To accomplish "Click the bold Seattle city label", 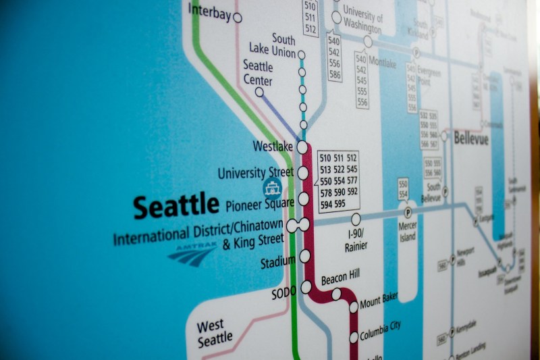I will [x=175, y=205].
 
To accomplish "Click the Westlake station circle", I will [x=302, y=147].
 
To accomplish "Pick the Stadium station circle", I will [x=305, y=256].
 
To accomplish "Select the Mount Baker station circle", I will [x=354, y=307].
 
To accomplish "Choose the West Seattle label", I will [x=215, y=334].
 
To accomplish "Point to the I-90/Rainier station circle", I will [x=356, y=220].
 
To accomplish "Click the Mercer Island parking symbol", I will [x=408, y=213].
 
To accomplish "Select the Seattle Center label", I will [x=258, y=74].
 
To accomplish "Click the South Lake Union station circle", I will [x=302, y=55].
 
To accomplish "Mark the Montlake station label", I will [x=382, y=62].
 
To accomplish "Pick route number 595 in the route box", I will [x=339, y=204].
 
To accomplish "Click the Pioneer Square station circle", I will [x=304, y=199].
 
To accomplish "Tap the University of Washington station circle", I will [x=336, y=18].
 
